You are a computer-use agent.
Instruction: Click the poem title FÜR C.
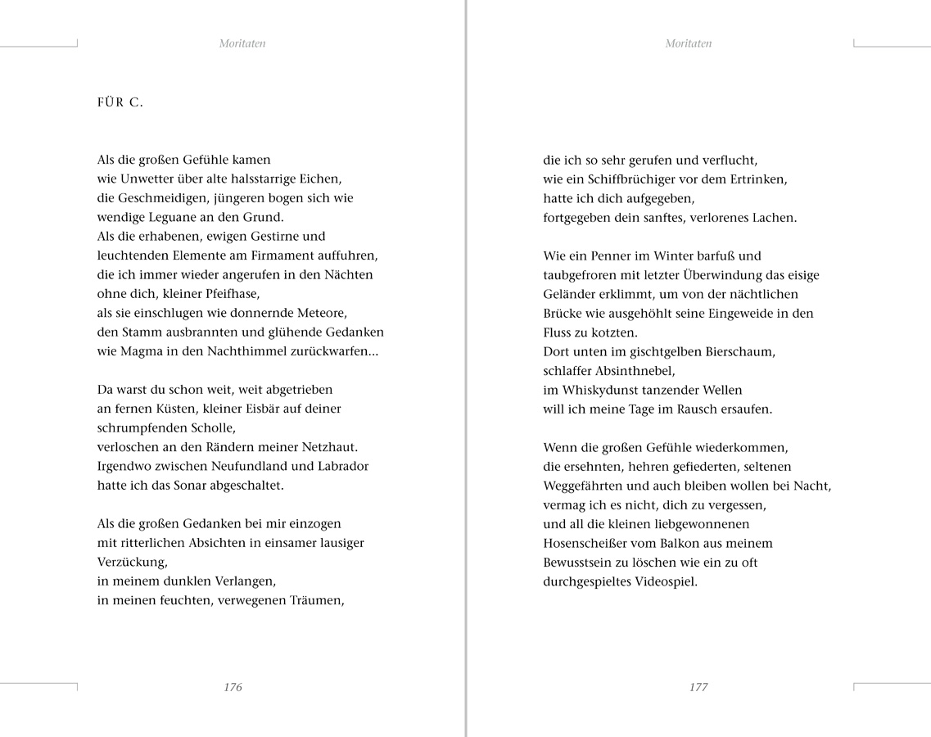[120, 102]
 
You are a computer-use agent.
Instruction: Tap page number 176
[233, 687]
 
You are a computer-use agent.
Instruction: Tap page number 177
[698, 687]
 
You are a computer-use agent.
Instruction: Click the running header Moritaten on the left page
[242, 43]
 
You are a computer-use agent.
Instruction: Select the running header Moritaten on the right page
[689, 43]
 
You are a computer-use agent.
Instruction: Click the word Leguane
[174, 217]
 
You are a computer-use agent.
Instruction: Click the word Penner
[595, 255]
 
